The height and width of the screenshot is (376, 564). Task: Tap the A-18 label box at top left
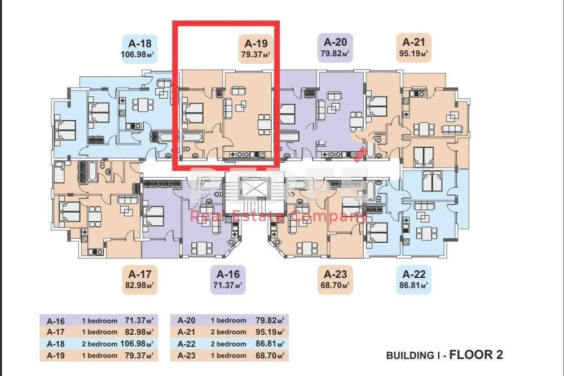point(138,48)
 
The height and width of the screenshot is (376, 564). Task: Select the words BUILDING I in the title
point(414,356)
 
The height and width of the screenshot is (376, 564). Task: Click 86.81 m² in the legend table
point(268,344)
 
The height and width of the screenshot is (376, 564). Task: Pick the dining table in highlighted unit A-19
point(264,123)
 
